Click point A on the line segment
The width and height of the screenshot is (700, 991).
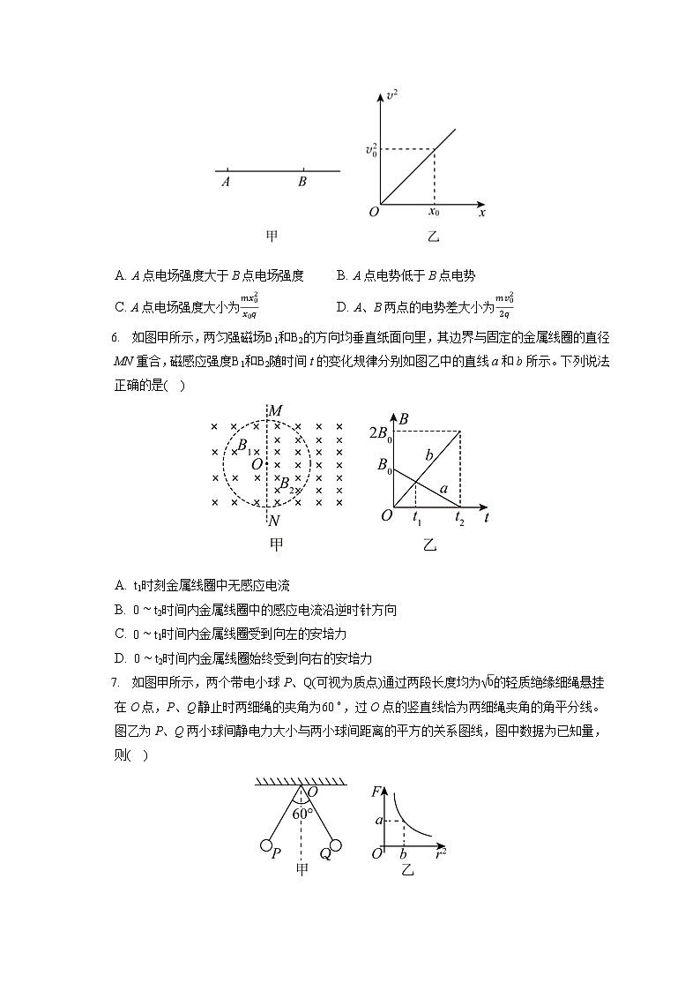click(x=227, y=170)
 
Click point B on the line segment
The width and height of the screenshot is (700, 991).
click(x=302, y=170)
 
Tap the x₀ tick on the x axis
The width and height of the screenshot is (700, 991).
click(x=434, y=213)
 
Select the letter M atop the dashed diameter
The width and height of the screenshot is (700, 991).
click(x=275, y=411)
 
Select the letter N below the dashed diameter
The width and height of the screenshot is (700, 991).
click(x=274, y=521)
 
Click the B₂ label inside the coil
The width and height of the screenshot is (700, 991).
click(x=287, y=484)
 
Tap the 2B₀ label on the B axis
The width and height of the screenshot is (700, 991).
click(x=380, y=432)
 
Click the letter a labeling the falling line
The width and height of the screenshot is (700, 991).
click(x=443, y=488)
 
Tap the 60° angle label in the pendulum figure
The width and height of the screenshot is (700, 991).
click(x=302, y=814)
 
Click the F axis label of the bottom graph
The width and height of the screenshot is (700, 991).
click(x=377, y=792)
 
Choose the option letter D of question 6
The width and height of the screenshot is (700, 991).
click(x=120, y=658)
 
